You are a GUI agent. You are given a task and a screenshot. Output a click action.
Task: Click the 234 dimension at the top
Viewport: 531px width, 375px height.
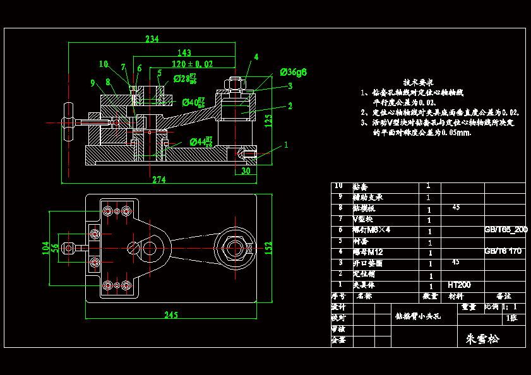(x=152, y=39)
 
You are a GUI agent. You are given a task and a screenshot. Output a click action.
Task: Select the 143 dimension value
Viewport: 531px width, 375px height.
(x=184, y=52)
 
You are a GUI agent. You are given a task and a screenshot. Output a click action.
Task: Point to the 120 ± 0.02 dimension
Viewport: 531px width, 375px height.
(x=192, y=64)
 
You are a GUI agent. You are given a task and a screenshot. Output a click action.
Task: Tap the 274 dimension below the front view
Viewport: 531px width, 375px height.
(x=158, y=180)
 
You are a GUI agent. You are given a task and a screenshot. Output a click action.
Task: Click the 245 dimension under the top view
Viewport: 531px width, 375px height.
(x=171, y=314)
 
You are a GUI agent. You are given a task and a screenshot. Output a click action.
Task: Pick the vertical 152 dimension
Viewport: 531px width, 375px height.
(x=268, y=245)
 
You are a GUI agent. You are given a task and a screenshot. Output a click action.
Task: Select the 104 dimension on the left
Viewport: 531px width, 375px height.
(x=45, y=247)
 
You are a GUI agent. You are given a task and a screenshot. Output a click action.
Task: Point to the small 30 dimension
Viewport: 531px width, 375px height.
(x=246, y=170)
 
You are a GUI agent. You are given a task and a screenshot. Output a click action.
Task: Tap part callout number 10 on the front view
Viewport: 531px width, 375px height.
(x=104, y=64)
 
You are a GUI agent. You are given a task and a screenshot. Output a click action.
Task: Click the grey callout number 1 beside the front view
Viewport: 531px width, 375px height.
(x=286, y=145)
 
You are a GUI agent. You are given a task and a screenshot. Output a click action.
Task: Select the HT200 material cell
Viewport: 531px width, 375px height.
(x=459, y=285)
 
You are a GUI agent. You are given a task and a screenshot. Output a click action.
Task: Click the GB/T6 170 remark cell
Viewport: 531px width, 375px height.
(x=503, y=251)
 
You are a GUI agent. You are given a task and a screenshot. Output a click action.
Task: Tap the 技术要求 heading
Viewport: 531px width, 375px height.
(x=418, y=82)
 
